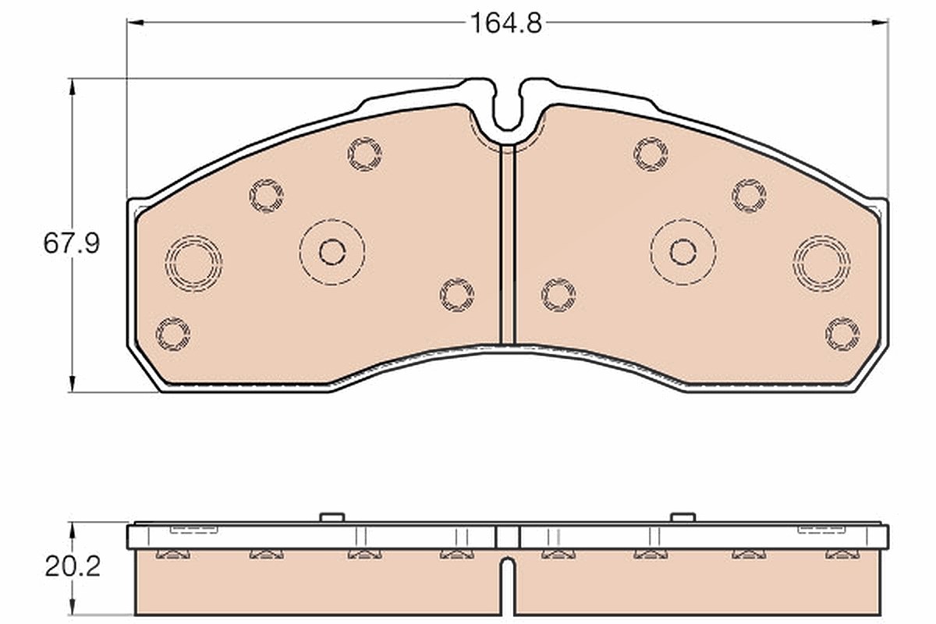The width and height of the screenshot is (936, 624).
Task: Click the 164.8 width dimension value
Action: tap(506, 23)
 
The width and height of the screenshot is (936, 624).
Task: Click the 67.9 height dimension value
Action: tap(72, 243)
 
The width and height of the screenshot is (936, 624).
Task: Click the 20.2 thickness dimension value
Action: tap(73, 567)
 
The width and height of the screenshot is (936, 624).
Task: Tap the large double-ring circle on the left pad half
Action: tap(193, 264)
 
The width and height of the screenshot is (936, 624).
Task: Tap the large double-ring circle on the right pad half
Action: tap(821, 264)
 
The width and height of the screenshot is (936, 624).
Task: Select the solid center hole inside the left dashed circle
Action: tap(332, 252)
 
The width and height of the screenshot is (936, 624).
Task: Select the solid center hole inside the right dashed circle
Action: tap(683, 252)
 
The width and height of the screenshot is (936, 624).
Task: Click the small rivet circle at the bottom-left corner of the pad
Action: tap(173, 334)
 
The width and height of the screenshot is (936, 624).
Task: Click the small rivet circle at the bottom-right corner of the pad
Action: tap(842, 334)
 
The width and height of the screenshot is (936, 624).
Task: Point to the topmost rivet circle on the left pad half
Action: tap(365, 154)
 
